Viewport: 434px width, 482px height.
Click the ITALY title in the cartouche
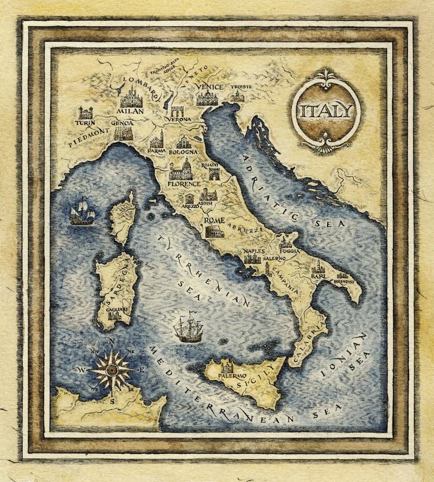point(325,111)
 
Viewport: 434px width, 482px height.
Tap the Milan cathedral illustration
point(131,98)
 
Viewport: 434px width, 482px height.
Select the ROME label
point(214,220)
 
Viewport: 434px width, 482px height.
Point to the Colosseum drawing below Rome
point(214,232)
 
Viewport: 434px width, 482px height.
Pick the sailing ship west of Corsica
point(81,212)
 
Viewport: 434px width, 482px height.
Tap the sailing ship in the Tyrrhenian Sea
point(188,328)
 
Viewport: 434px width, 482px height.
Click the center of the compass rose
point(112,370)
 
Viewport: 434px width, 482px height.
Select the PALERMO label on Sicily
point(232,375)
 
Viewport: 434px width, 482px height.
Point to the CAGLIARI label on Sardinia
point(117,309)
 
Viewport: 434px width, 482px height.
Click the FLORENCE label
point(184,184)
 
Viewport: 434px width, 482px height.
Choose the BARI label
point(318,277)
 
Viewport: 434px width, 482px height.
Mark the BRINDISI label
point(343,282)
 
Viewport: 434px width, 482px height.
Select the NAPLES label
point(254,251)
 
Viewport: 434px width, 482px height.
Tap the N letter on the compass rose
point(111,341)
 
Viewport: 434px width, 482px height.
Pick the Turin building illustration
point(85,112)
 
